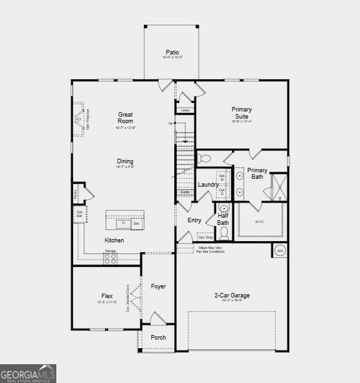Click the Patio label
coord(172,52)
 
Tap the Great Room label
coord(126,118)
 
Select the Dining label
coord(125,161)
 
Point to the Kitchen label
coord(115,240)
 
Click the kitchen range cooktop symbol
coord(111,258)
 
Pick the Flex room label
coord(107,296)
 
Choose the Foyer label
coord(159,286)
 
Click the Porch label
coord(159,337)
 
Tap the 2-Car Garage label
coord(232,296)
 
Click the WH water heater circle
coord(280,251)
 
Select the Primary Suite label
coord(242,113)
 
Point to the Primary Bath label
coord(257,173)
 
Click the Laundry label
coord(208,185)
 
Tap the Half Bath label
coord(223,219)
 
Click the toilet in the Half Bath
coord(224,232)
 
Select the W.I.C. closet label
coord(260,221)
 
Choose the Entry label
coord(195,220)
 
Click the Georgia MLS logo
coord(28,374)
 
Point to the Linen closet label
coord(185,110)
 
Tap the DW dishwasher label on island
coord(136,224)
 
